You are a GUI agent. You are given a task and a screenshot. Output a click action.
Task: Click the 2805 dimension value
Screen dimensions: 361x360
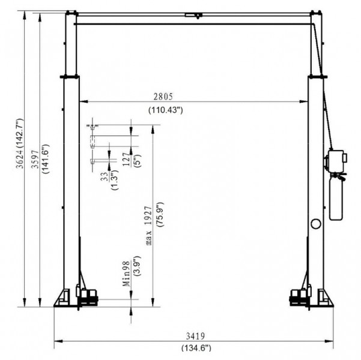163,97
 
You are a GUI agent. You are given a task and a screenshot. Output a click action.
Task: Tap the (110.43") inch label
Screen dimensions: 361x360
166,110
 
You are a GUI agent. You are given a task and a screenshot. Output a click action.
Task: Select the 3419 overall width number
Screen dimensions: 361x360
195,337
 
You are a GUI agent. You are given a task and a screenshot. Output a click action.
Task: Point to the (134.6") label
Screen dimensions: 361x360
196,347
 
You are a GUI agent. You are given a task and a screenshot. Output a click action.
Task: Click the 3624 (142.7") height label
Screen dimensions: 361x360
20,143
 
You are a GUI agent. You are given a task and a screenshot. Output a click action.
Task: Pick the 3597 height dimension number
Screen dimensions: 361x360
35,160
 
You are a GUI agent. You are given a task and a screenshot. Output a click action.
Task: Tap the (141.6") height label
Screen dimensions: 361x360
45,159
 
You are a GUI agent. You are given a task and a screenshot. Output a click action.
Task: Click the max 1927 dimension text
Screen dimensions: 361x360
149,226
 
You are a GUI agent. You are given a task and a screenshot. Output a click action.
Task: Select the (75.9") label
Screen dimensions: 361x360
160,215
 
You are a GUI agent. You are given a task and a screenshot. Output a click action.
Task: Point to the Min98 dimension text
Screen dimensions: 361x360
126,274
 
